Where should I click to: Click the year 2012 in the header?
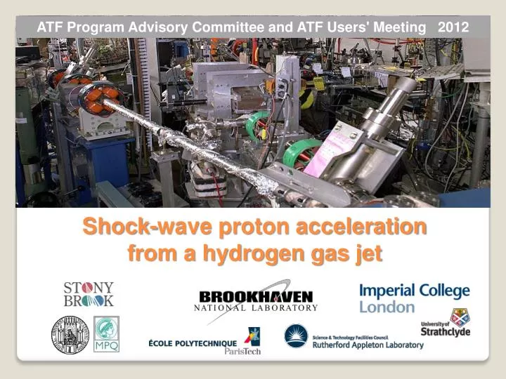coord(453,27)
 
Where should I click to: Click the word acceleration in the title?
coord(357,228)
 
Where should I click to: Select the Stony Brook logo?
coord(89,294)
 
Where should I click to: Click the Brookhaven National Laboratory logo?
coord(256,299)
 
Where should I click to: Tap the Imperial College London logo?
coord(415,298)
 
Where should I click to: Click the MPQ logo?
coord(107,334)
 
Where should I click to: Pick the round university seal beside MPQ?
coord(70,334)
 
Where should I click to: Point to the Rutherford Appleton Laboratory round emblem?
coord(296,336)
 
